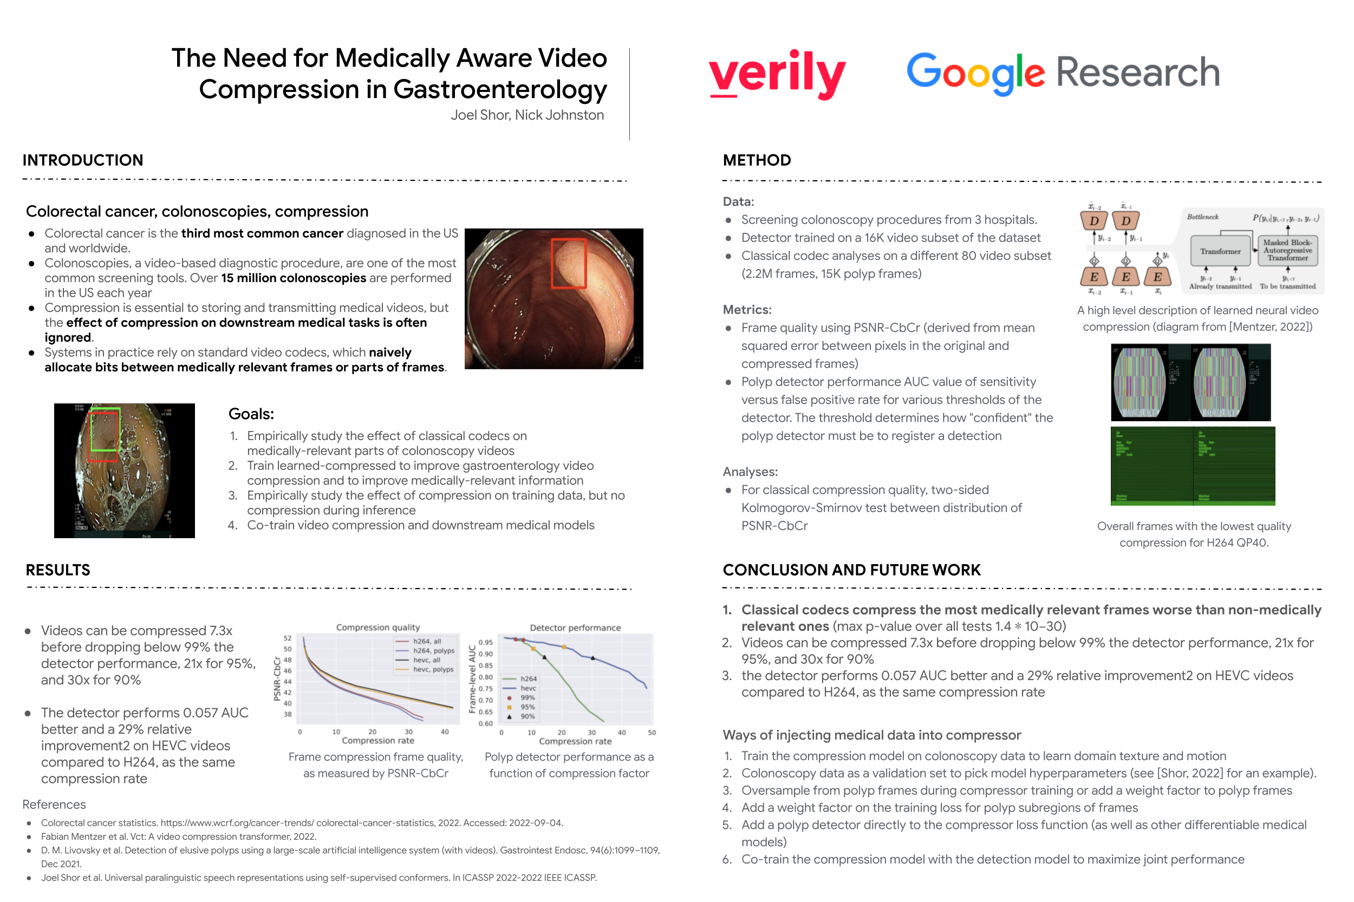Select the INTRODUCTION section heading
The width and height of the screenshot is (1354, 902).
(83, 160)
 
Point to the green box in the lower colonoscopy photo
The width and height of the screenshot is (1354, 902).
(105, 429)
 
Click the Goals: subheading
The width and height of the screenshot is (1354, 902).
(251, 414)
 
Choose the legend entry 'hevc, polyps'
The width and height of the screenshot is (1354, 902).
(433, 669)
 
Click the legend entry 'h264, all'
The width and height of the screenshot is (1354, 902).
(426, 641)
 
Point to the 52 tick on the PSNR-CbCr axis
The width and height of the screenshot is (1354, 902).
(287, 638)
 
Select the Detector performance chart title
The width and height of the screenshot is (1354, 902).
(574, 628)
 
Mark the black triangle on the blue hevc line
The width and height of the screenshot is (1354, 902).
(593, 657)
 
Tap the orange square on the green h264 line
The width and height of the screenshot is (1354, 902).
(533, 648)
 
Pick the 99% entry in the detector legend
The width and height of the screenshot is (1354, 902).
(527, 697)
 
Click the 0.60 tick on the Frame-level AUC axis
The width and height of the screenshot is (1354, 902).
(485, 723)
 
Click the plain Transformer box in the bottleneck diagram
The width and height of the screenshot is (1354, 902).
(1220, 251)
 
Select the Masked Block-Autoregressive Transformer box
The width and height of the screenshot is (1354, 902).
(1287, 250)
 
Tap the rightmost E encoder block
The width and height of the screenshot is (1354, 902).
(1157, 277)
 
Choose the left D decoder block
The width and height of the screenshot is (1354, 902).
(1093, 220)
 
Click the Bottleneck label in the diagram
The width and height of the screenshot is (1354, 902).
(1202, 217)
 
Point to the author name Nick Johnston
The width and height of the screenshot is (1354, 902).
(559, 115)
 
